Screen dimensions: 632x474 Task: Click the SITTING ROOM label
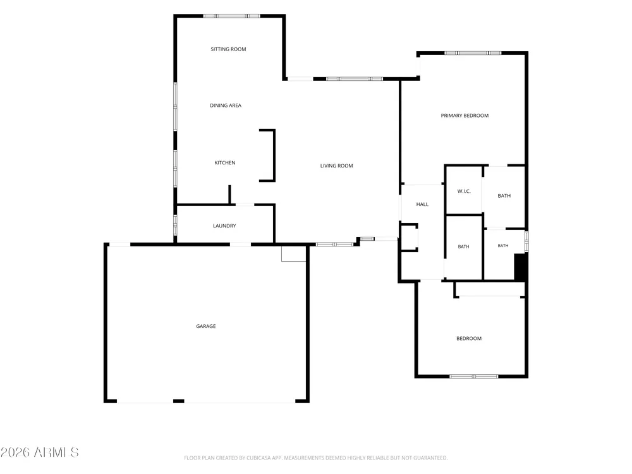pos(228,49)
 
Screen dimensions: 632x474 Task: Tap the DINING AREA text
pos(226,106)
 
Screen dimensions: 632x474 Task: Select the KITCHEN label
pos(225,163)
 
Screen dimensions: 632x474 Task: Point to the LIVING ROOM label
pos(337,166)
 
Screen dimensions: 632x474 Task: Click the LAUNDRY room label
pos(224,226)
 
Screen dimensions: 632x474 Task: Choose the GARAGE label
pos(206,326)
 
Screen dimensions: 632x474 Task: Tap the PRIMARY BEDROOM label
pos(465,116)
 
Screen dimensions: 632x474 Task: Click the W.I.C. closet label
pos(464,191)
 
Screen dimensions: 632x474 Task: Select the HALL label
pos(422,204)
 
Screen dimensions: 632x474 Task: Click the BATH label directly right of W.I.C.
pos(504,196)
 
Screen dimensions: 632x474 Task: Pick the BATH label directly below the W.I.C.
pos(463,246)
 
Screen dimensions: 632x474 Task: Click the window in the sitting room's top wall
pos(231,16)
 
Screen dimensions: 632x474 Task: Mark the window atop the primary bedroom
pos(473,53)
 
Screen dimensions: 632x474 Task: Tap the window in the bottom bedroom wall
pos(474,377)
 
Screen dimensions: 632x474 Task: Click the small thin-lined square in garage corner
pos(293,253)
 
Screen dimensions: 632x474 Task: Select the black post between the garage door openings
pos(179,401)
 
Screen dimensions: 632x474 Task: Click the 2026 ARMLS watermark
pos(39,453)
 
